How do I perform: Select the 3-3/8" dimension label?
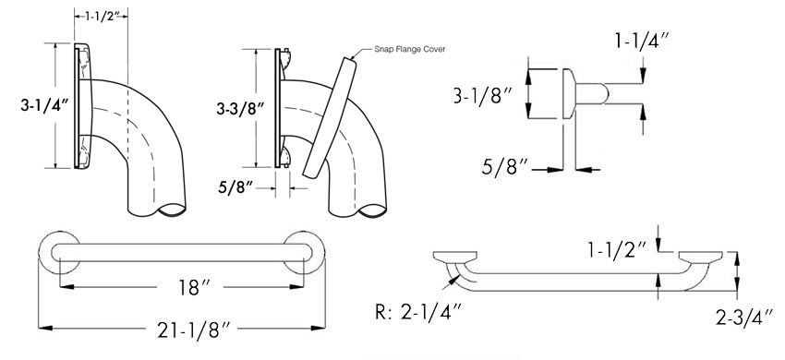pyautogui.click(x=240, y=109)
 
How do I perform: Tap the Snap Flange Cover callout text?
pyautogui.click(x=409, y=49)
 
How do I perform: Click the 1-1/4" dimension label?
pyautogui.click(x=642, y=42)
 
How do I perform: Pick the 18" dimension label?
pyautogui.click(x=189, y=287)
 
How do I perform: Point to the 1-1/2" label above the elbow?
pyautogui.click(x=102, y=16)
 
